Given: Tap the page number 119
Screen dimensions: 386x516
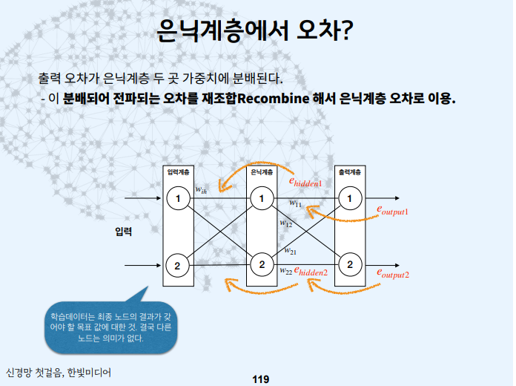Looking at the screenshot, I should [260, 379].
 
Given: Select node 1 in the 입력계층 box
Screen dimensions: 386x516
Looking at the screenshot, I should [178, 198].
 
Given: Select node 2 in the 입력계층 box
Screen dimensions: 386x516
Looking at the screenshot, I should [178, 265].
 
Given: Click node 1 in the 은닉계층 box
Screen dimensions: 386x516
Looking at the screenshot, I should [261, 198].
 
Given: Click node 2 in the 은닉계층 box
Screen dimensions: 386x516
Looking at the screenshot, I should [261, 264].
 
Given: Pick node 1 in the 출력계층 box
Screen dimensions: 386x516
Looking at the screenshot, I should [350, 198].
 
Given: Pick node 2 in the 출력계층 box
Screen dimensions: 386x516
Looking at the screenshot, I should [350, 264].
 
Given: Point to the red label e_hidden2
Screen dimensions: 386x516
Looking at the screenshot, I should [311, 272].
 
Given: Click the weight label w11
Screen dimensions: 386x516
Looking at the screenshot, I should [295, 203].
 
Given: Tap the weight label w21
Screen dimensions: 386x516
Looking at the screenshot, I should [291, 251].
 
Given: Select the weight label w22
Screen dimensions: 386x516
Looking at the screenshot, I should [285, 271].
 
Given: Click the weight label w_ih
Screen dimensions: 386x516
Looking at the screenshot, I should [201, 191].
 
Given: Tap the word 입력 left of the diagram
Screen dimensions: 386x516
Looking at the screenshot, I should [124, 232].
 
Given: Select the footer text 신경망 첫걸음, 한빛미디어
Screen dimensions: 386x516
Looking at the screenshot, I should [59, 372].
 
